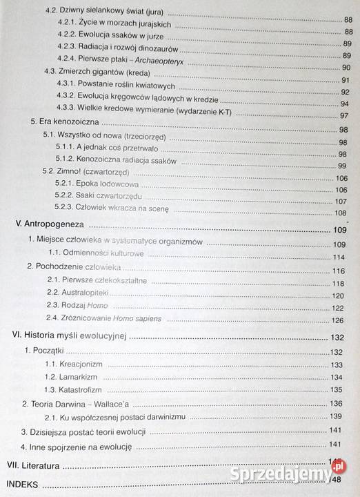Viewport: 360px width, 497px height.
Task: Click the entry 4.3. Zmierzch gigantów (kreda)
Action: [90, 71]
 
